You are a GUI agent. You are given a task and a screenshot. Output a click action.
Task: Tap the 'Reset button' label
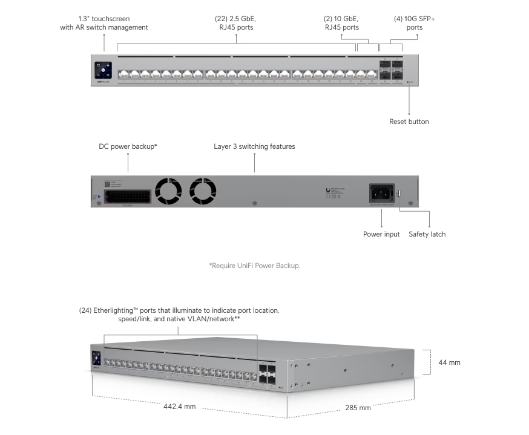[409, 122]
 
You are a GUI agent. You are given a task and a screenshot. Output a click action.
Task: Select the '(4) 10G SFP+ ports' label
[414, 23]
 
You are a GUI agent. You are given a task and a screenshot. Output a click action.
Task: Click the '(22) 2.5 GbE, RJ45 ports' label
[236, 23]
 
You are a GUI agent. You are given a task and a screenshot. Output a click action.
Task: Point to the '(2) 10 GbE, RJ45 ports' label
[341, 23]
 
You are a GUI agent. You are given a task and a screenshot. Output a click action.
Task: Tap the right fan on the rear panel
[203, 191]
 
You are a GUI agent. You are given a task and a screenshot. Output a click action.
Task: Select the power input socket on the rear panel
[379, 194]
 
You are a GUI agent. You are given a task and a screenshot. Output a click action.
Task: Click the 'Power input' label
[381, 234]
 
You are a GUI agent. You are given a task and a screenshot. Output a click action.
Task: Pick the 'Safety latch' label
[427, 234]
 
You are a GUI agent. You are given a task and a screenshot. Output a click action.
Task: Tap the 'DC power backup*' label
[128, 146]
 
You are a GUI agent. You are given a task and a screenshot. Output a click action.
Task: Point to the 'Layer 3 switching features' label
[254, 146]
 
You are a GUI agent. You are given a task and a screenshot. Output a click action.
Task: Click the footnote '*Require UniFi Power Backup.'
[254, 265]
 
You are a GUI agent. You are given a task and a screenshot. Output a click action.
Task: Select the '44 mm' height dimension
[449, 362]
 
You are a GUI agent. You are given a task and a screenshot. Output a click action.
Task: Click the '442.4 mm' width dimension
[179, 406]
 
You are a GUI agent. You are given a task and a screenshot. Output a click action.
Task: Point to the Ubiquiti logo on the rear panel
[327, 190]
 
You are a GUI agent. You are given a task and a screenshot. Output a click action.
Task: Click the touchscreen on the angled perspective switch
[96, 358]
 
